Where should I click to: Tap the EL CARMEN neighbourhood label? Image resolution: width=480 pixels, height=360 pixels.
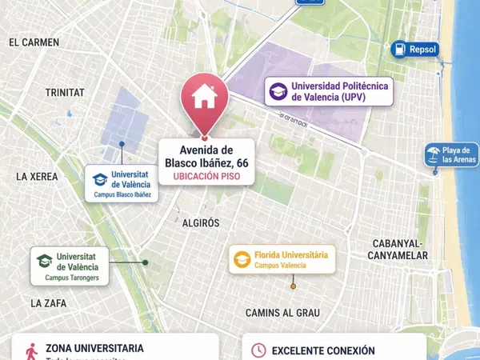coord(34,42)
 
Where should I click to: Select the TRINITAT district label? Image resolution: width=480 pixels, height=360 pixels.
coord(65,93)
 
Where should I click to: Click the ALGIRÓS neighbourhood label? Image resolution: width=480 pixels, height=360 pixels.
coord(201,223)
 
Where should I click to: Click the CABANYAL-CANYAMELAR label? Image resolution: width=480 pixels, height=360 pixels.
coord(400,250)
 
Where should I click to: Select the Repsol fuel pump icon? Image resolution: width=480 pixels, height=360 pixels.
coord(398,50)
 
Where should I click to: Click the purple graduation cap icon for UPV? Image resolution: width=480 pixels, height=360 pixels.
coord(278,91)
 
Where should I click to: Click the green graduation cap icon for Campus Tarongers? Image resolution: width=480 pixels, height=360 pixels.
coord(44,261)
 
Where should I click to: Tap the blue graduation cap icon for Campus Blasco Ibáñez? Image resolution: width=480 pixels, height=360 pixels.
coord(99,179)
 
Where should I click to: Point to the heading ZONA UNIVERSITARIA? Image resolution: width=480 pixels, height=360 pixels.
coord(94,349)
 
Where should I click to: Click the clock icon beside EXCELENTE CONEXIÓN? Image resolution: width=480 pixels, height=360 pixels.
coord(258,350)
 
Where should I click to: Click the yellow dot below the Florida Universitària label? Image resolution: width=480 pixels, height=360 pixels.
coord(293,286)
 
